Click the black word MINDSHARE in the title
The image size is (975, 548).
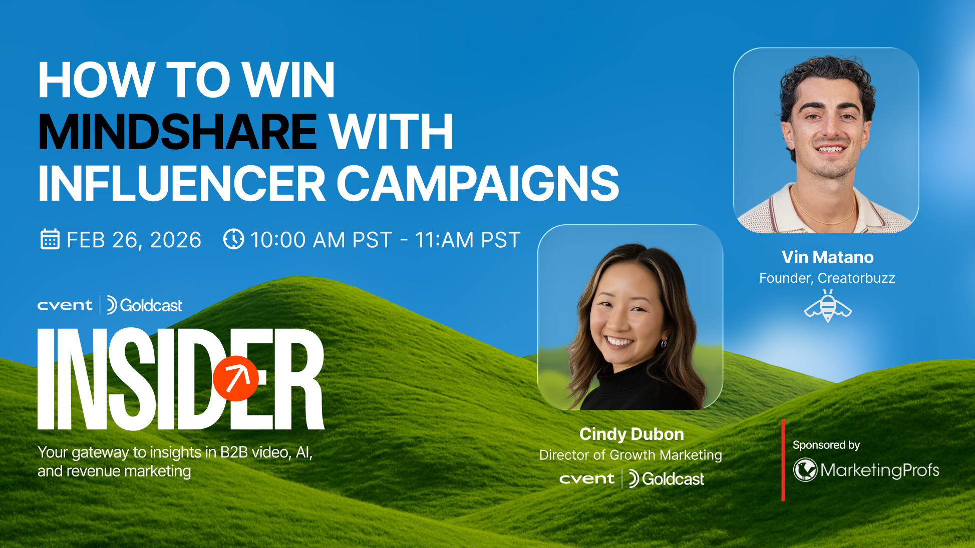pyautogui.click(x=178, y=132)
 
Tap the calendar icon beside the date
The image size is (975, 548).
pyautogui.click(x=50, y=239)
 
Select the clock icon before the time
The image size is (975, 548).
pyautogui.click(x=233, y=239)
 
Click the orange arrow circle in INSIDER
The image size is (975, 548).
pyautogui.click(x=235, y=378)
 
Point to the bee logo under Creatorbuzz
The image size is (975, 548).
pyautogui.click(x=828, y=306)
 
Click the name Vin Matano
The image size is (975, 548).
pyautogui.click(x=827, y=257)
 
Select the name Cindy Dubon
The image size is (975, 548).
pyautogui.click(x=631, y=434)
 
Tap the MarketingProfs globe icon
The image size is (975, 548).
pyautogui.click(x=805, y=470)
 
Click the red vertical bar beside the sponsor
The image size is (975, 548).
pyautogui.click(x=783, y=460)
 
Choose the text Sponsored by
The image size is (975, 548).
pyautogui.click(x=826, y=445)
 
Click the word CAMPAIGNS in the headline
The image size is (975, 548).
pyautogui.click(x=478, y=184)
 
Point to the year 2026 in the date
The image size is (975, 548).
pyautogui.click(x=175, y=240)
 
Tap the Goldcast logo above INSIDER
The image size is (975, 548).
pyautogui.click(x=145, y=305)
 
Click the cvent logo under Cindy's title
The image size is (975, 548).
pyautogui.click(x=586, y=479)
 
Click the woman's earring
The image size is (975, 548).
pyautogui.click(x=665, y=343)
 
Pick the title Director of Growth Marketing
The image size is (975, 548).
pyautogui.click(x=630, y=455)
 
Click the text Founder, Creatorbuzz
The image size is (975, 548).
pyautogui.click(x=827, y=278)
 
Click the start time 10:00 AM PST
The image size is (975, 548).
pyautogui.click(x=321, y=240)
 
